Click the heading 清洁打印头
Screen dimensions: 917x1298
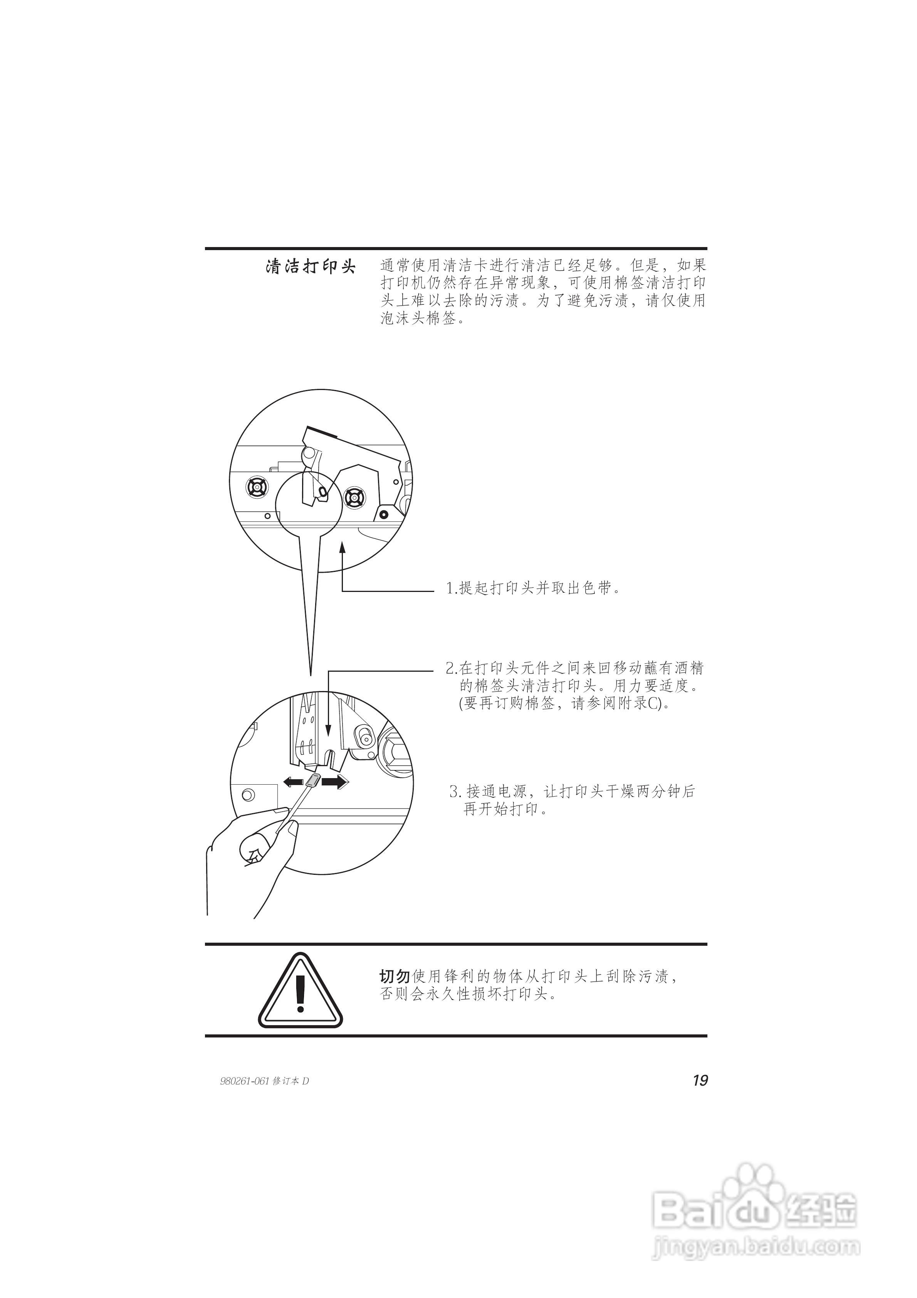(x=311, y=267)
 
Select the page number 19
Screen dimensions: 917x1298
(x=700, y=1080)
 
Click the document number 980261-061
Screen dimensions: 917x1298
(x=244, y=1081)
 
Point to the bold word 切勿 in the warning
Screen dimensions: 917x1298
(x=395, y=976)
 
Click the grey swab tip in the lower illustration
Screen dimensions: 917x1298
(x=313, y=782)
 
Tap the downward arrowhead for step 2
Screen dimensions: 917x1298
(x=329, y=732)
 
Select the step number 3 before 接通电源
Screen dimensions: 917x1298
(x=453, y=792)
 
